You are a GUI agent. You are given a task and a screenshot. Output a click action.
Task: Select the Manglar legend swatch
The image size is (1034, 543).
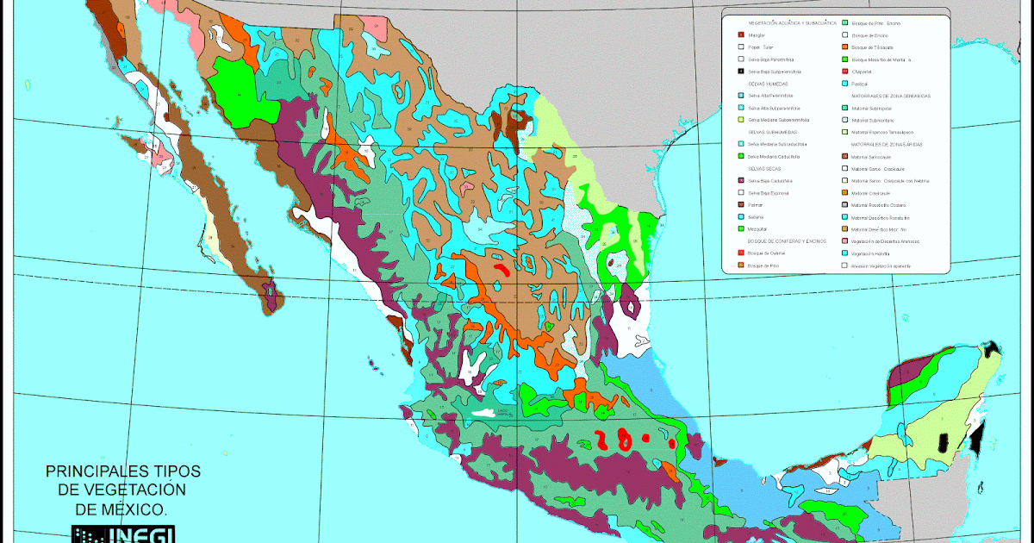741,34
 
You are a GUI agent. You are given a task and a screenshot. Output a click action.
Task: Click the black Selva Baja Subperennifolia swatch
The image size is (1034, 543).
741,72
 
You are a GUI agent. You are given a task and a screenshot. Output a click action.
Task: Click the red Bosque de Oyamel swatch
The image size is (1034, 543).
741,254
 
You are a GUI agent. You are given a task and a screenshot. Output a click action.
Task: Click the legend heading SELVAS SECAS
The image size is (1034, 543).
763,168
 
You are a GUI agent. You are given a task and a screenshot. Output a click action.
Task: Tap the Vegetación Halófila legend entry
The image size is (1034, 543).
870,254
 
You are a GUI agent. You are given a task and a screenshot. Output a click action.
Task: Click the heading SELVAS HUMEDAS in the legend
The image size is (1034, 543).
766,84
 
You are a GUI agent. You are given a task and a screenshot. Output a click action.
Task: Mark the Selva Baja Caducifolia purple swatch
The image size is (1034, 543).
741,181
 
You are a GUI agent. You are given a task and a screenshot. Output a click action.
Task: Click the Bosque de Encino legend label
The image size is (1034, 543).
868,35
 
